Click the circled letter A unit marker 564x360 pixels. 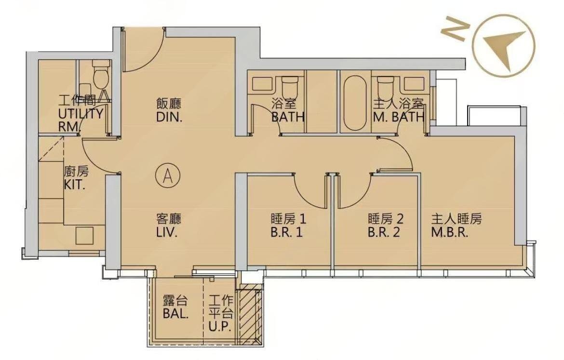[167, 175]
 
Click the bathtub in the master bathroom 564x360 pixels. [355, 103]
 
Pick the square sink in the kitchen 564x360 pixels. [84, 236]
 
